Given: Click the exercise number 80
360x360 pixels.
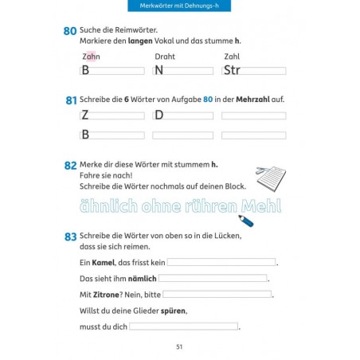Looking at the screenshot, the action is point(70,32).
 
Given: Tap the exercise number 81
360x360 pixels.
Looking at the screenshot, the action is point(70,101).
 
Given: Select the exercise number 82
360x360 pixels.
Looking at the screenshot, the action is point(70,166).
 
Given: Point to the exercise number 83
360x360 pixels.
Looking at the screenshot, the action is point(70,237).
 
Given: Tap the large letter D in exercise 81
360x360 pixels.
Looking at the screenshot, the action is point(158,115).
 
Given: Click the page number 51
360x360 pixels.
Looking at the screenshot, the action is point(179,346).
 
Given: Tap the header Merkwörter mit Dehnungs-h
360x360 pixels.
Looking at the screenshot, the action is point(179,7).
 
